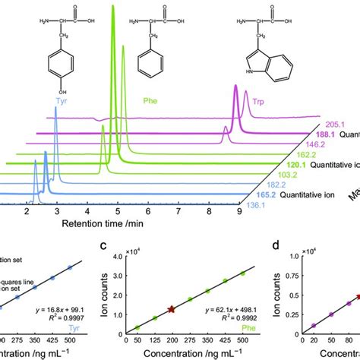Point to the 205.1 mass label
pyautogui.click(x=327, y=123)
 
